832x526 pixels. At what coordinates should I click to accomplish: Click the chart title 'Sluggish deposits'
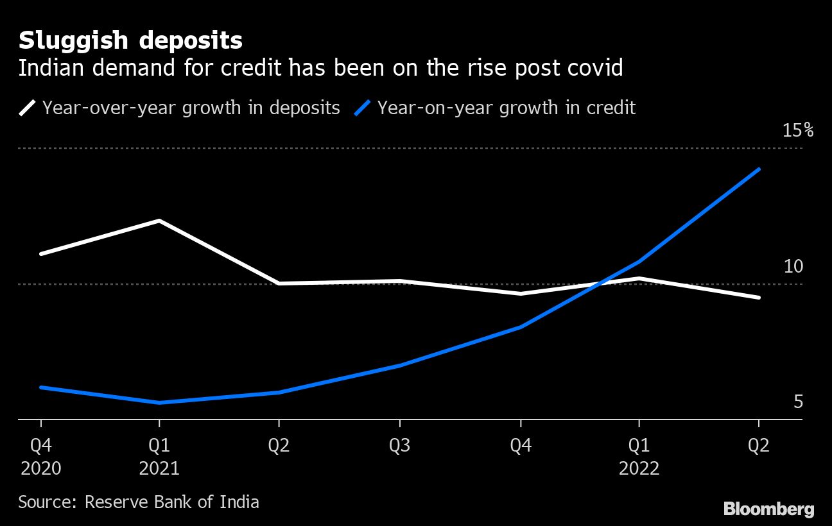(130, 42)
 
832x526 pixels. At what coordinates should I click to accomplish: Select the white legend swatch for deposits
(27, 108)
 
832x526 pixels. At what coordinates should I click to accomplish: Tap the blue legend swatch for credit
(363, 108)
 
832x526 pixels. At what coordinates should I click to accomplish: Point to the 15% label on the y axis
(798, 130)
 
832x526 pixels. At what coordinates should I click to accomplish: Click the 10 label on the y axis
(793, 266)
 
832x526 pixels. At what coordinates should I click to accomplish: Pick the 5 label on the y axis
(798, 402)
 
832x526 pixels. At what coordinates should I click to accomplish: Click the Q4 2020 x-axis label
(41, 457)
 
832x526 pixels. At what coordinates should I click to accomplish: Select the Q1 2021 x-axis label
(159, 457)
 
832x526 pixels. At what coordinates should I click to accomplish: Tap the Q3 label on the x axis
(400, 445)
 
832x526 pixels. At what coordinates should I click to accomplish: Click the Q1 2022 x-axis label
(639, 457)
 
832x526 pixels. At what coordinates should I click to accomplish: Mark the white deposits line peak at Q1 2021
(159, 221)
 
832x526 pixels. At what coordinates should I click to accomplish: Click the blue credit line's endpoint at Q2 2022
(758, 169)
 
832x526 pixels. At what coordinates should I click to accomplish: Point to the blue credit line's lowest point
(159, 402)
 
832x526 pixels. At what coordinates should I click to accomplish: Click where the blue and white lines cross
(599, 284)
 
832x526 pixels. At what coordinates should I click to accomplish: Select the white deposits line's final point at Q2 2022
(758, 298)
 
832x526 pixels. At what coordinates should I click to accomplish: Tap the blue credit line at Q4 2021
(521, 327)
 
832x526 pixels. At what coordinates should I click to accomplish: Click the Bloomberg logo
(769, 509)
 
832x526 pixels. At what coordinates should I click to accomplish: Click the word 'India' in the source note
(239, 502)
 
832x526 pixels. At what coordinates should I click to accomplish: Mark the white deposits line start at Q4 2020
(41, 254)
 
